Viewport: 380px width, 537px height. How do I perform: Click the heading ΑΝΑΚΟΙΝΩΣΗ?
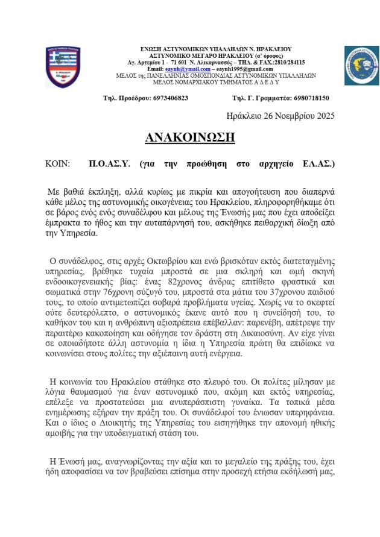pos(189,137)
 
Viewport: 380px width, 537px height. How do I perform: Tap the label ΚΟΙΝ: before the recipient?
pos(58,163)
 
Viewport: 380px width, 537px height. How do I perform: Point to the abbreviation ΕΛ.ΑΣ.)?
pos(318,163)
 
